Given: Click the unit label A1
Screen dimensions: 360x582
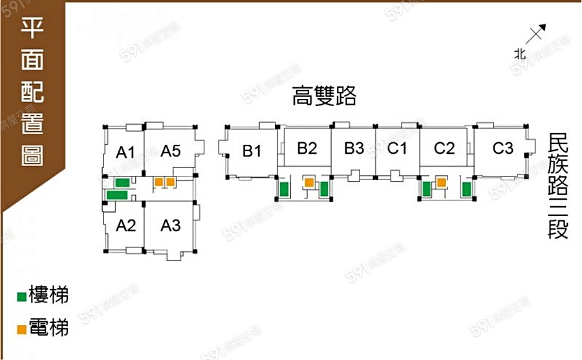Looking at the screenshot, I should [x=125, y=153].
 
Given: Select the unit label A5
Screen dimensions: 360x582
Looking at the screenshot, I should [x=170, y=151].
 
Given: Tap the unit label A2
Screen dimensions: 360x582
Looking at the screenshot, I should [x=125, y=226].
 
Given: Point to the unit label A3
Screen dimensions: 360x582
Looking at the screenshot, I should [x=170, y=226].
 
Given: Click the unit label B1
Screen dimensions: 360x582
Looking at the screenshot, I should [x=252, y=151].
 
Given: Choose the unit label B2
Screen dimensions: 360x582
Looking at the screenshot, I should [x=307, y=148].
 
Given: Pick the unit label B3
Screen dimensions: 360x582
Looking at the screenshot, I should [x=354, y=148].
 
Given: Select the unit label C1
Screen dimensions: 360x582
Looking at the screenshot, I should [x=397, y=148].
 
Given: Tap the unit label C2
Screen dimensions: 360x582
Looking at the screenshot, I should [x=444, y=148].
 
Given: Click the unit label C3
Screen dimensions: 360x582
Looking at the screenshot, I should [x=502, y=148].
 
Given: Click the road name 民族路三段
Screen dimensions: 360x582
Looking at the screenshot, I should [x=557, y=186].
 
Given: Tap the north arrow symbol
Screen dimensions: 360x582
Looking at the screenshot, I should [x=536, y=34].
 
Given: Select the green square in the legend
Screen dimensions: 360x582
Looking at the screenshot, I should [x=22, y=297].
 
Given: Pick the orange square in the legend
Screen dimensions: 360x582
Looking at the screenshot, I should [x=22, y=329].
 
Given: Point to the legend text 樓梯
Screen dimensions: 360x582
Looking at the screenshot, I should [x=49, y=297].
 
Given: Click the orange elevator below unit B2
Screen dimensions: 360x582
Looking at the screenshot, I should [x=309, y=183].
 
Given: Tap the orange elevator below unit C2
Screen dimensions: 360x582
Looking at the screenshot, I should [x=441, y=183].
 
